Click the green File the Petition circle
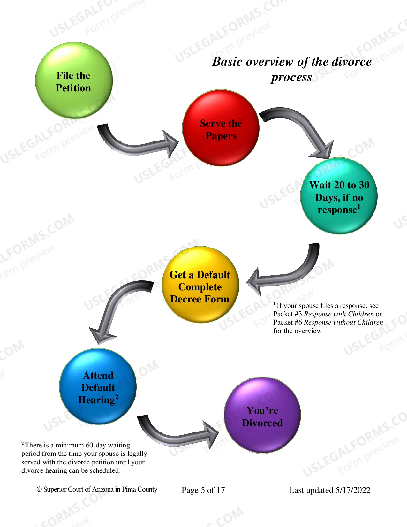click(74, 80)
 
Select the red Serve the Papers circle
click(221, 128)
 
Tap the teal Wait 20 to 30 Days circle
click(339, 196)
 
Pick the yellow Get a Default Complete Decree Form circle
click(200, 285)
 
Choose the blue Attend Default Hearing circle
click(98, 386)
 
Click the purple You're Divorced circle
click(262, 415)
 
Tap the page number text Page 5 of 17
click(203, 490)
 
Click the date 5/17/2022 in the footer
click(353, 490)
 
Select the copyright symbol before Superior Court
click(39, 489)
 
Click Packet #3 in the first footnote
click(288, 314)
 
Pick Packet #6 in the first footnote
click(288, 322)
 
